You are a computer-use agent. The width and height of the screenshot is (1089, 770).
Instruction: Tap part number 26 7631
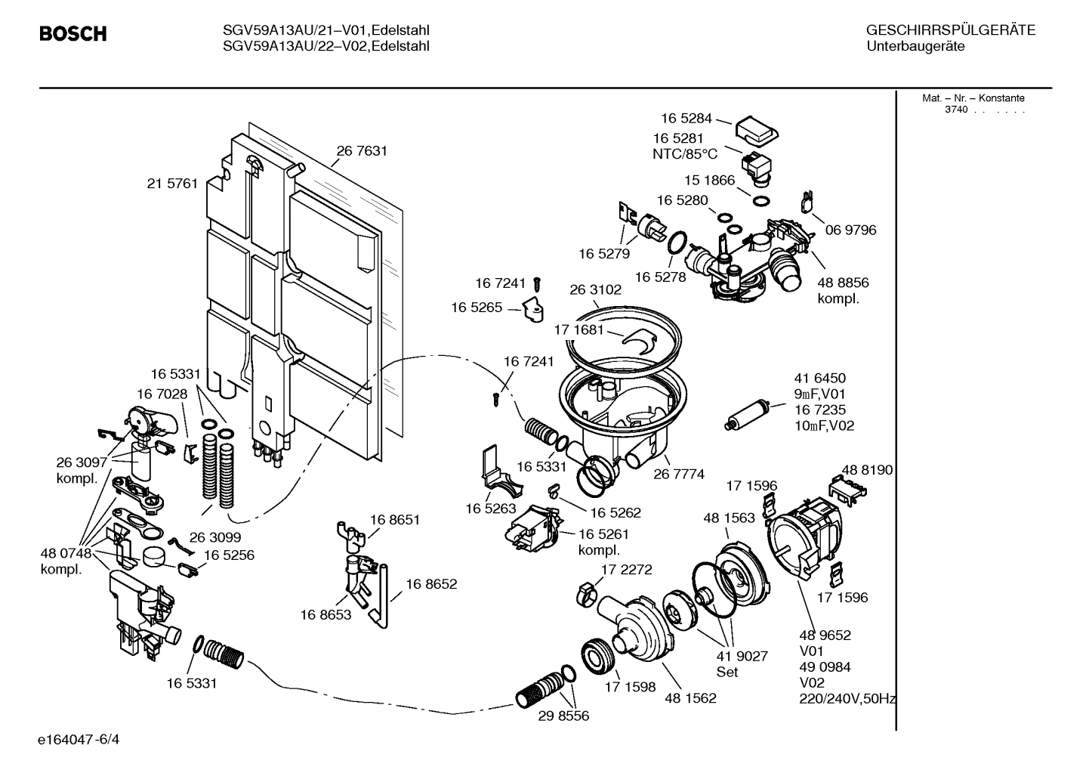click(362, 151)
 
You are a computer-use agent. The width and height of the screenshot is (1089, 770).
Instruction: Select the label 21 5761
click(172, 184)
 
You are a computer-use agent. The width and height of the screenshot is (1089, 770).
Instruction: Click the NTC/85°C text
click(685, 154)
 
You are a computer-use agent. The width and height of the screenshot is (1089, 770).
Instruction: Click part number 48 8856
click(843, 283)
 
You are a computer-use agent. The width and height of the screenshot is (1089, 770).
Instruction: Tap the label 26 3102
click(595, 290)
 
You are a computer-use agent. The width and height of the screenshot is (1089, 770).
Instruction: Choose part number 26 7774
click(679, 475)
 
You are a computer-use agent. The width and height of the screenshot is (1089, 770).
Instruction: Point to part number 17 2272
click(626, 570)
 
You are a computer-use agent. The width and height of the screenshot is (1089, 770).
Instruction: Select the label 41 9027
click(742, 656)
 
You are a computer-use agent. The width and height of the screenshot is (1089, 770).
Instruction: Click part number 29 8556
click(563, 716)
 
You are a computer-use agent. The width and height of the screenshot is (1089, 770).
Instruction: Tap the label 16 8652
click(431, 584)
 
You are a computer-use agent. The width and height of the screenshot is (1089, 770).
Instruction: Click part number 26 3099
click(215, 537)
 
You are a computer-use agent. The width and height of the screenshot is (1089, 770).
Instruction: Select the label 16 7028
click(162, 394)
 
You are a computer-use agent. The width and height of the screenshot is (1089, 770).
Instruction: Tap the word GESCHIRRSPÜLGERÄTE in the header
click(950, 31)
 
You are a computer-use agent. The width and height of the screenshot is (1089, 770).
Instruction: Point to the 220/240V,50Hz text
click(847, 699)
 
